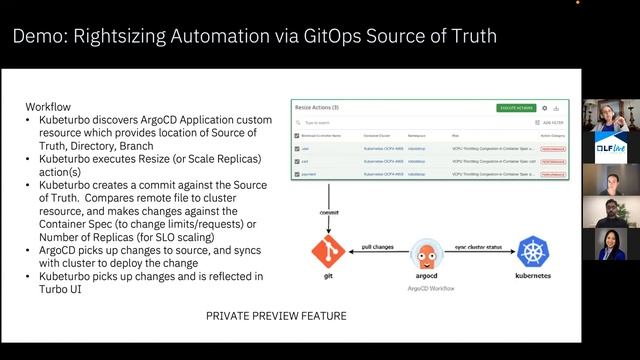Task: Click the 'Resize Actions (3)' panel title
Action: coord(317,106)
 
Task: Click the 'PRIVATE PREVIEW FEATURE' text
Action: coord(277,316)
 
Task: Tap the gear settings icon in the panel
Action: coord(544,107)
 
